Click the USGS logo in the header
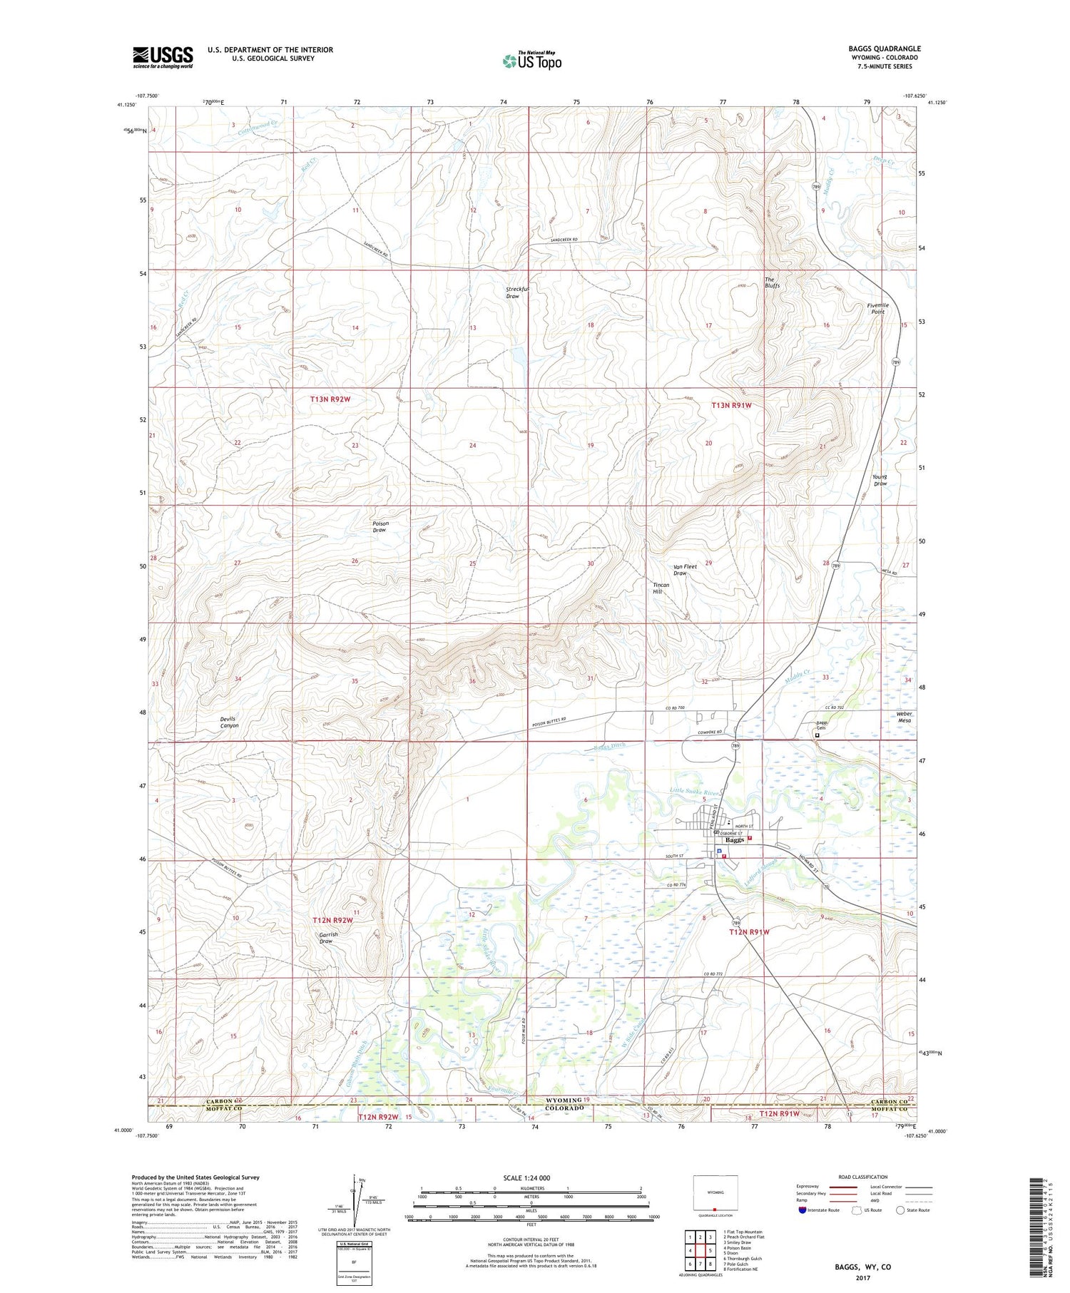(x=163, y=57)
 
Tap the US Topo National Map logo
(x=531, y=61)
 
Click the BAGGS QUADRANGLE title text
(x=884, y=48)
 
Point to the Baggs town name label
(x=734, y=840)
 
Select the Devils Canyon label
(x=229, y=722)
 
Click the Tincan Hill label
(x=661, y=588)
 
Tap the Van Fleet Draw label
(x=685, y=570)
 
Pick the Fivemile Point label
(x=877, y=308)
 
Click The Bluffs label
(x=772, y=282)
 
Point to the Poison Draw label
(x=379, y=526)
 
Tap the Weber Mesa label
(x=905, y=717)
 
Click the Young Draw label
(x=880, y=480)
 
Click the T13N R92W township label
(x=330, y=399)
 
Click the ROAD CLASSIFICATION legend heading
(x=863, y=1177)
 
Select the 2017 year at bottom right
(x=862, y=1278)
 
